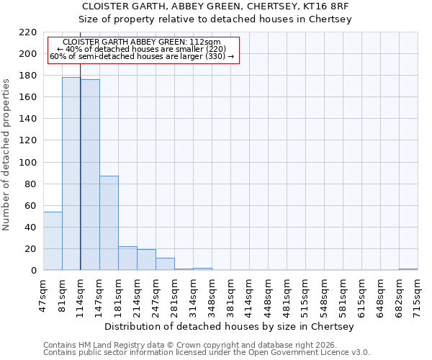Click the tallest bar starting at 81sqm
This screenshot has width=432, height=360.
click(71, 174)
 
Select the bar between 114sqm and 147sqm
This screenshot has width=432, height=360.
click(90, 175)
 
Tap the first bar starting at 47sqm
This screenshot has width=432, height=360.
click(53, 241)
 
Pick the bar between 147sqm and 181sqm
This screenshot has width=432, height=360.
click(109, 223)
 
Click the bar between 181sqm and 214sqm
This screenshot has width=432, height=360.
click(127, 258)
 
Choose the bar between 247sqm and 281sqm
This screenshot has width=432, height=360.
click(165, 264)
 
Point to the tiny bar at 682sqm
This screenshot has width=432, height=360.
click(408, 269)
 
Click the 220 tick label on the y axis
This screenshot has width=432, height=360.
click(27, 32)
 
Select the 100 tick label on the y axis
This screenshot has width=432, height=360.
click(27, 163)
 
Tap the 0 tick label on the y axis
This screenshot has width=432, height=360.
click(33, 271)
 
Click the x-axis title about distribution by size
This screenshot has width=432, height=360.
click(234, 327)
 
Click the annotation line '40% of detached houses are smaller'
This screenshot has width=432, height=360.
click(141, 49)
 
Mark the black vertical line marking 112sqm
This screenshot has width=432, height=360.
click(80, 180)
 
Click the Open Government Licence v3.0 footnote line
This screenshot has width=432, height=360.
click(207, 353)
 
